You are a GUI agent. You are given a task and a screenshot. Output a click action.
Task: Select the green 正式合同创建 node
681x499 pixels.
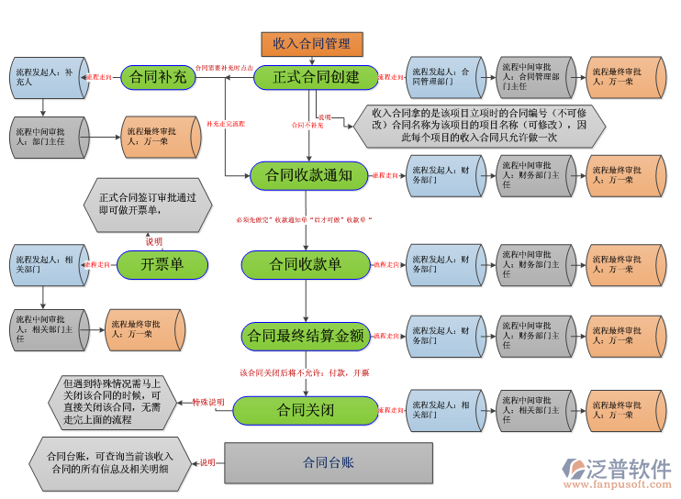pyautogui.click(x=316, y=77)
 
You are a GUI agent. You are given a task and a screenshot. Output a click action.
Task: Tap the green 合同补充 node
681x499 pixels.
pyautogui.click(x=159, y=78)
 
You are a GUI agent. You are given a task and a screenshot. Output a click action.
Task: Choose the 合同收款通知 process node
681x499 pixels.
pyautogui.click(x=307, y=174)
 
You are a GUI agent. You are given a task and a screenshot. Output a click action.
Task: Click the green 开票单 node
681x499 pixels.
pyautogui.click(x=162, y=264)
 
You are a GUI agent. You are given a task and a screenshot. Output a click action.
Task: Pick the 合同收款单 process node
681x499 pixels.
pyautogui.click(x=305, y=264)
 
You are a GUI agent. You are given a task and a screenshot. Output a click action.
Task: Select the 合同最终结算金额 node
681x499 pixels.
pyautogui.click(x=306, y=336)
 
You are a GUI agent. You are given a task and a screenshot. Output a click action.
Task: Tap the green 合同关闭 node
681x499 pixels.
pyautogui.click(x=305, y=410)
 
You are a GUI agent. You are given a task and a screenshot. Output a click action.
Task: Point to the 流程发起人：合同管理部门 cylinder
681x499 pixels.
pyautogui.click(x=444, y=77)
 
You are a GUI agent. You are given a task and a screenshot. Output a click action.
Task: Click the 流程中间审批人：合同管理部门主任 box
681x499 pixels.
pyautogui.click(x=533, y=77)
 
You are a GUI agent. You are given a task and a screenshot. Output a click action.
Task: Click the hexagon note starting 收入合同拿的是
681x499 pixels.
pyautogui.click(x=477, y=126)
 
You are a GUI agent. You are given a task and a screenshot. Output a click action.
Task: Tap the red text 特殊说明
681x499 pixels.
pyautogui.click(x=207, y=402)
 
